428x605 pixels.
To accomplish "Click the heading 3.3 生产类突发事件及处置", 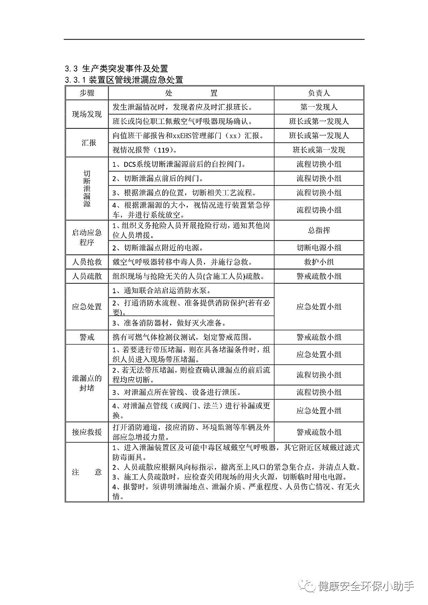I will (117, 69).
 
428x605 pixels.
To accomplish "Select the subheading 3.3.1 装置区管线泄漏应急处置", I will (124, 80).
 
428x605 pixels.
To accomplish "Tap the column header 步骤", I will (87, 93).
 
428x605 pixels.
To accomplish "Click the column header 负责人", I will (319, 93).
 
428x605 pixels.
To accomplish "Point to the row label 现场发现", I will (87, 115).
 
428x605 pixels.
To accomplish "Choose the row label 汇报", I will (87, 143).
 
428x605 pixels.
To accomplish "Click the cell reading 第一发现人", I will (319, 107).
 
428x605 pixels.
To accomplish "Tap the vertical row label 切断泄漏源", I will (87, 189).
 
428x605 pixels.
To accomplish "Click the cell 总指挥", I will (319, 230).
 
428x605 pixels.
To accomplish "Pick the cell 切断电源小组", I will (319, 248).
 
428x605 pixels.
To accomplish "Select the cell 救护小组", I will (319, 262).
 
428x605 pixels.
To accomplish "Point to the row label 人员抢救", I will (87, 262).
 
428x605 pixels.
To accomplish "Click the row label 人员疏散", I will (87, 276).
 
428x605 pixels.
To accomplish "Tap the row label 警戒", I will (87, 337).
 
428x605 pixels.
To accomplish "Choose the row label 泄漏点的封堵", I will (87, 383).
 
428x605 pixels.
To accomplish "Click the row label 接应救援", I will (87, 432).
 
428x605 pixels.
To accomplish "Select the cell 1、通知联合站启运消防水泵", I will (162, 290).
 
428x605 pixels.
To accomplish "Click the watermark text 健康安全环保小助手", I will (366, 586).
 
